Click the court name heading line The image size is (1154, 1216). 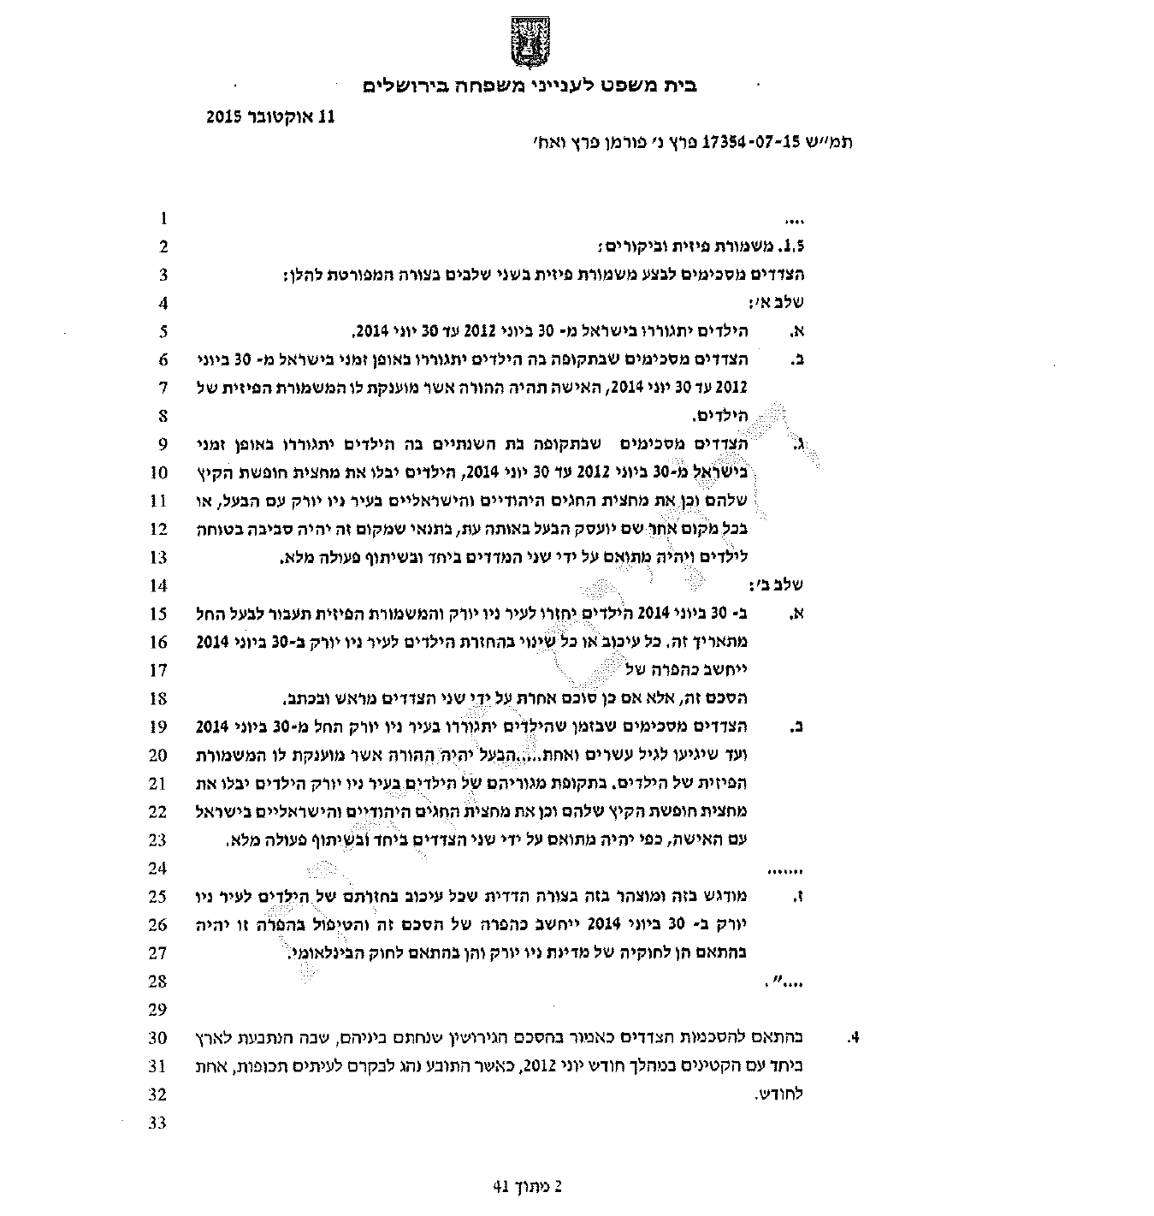530,86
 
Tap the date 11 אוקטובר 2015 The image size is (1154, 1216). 269,116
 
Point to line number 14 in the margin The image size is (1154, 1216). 158,586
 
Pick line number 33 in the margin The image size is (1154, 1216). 158,1123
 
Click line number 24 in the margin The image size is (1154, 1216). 158,869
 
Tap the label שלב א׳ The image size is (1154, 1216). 782,303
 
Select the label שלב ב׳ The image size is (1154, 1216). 782,586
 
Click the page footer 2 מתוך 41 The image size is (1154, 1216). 530,1187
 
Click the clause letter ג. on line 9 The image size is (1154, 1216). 800,445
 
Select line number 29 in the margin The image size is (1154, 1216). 158,1010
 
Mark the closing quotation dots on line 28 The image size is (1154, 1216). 784,982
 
